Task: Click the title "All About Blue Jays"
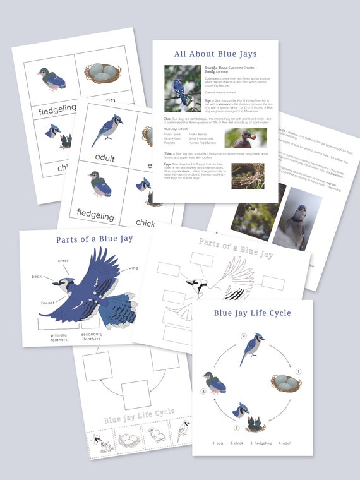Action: (215, 54)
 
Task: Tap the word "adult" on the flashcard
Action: (105, 157)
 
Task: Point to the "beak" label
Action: (38, 277)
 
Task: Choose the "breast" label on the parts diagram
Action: (48, 303)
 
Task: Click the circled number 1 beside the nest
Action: (299, 371)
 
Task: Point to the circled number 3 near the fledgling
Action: (203, 392)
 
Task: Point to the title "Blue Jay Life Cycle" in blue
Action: (252, 313)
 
